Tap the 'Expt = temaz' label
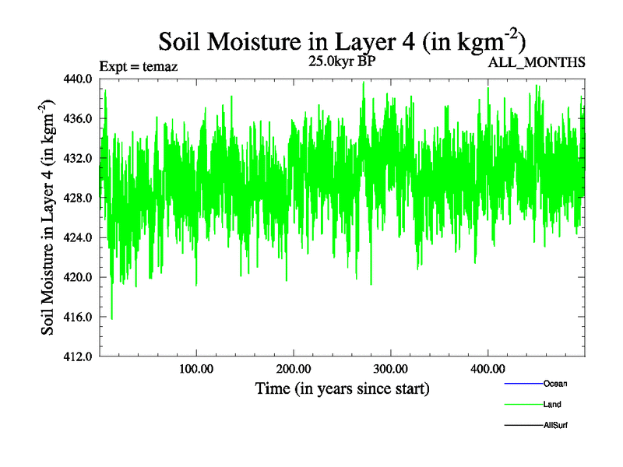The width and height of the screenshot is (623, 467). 139,66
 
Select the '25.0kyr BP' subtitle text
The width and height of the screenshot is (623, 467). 343,61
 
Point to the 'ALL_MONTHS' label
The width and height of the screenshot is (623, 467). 536,62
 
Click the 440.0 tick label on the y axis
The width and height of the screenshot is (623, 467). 79,79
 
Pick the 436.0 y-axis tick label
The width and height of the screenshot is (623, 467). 79,118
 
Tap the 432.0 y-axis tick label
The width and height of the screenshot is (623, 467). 79,158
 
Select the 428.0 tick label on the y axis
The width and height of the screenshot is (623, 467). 79,198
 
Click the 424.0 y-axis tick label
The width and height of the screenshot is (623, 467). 79,237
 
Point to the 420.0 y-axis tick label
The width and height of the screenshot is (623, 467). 79,277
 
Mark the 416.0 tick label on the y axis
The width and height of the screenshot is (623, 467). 79,317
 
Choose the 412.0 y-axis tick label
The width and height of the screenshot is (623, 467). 79,356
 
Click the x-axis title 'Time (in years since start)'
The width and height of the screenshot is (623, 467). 343,388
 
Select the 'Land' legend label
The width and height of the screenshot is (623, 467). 552,405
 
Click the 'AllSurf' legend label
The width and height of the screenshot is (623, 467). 555,426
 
